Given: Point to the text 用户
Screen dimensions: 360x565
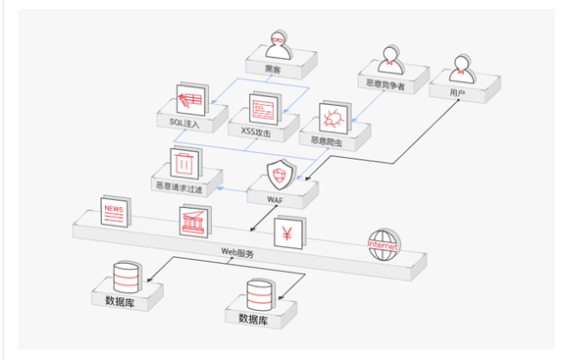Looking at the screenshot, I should pyautogui.click(x=456, y=93).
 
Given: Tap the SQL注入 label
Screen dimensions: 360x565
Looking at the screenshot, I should pyautogui.click(x=183, y=123).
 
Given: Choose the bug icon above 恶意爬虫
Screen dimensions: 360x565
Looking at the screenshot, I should pyautogui.click(x=333, y=118).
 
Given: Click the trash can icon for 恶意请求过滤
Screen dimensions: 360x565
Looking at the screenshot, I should pyautogui.click(x=184, y=161).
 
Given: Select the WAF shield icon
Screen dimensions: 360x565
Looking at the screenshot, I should pyautogui.click(x=280, y=174).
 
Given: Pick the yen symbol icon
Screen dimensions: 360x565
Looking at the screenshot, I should pyautogui.click(x=287, y=235).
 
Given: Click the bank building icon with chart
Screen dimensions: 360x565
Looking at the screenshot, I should pyautogui.click(x=195, y=222).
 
